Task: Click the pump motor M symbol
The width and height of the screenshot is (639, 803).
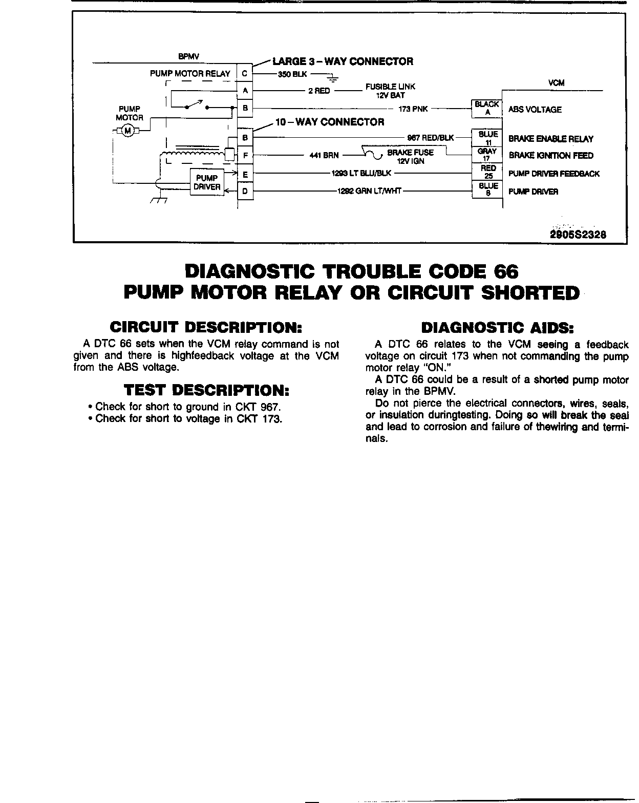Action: (x=128, y=132)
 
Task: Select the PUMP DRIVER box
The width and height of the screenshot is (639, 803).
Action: (x=207, y=182)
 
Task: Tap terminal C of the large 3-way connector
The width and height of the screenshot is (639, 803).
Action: (x=245, y=74)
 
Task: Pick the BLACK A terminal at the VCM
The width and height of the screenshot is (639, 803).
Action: (x=486, y=109)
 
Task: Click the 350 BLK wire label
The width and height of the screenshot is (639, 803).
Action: (x=292, y=74)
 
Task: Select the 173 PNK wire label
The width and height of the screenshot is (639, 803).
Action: (x=413, y=109)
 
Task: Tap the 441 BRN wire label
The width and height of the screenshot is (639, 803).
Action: (x=324, y=156)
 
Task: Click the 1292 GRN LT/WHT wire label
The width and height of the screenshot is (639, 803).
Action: (x=369, y=192)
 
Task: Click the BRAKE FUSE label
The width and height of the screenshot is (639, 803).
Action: (x=410, y=153)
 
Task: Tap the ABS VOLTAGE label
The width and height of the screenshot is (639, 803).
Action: (x=535, y=110)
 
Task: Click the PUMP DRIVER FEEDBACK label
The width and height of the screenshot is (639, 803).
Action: (x=554, y=174)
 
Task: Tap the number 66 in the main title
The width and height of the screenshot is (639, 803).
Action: (x=505, y=271)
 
